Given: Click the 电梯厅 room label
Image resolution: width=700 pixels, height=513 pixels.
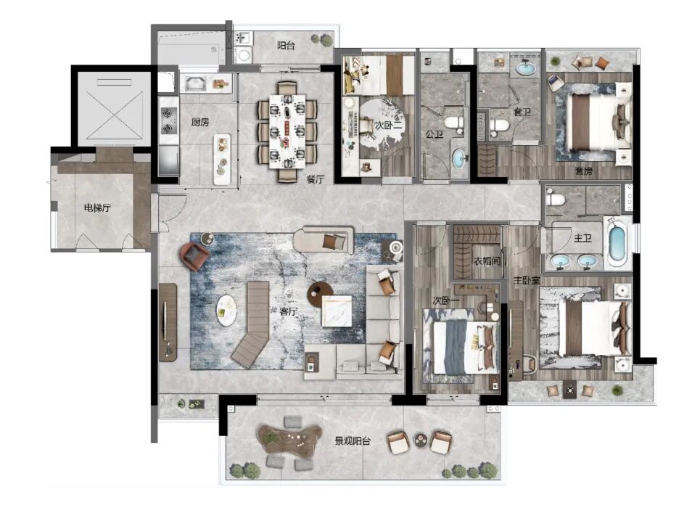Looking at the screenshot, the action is click(x=97, y=208).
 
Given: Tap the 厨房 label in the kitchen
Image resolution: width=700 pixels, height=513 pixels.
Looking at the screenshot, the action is click(x=200, y=122).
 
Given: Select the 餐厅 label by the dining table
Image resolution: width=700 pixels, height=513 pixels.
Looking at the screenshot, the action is click(x=315, y=179).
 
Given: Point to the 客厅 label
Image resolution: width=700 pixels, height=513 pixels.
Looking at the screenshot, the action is click(x=289, y=311).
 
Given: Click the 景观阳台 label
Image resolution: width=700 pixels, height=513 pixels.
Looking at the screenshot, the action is click(x=353, y=441).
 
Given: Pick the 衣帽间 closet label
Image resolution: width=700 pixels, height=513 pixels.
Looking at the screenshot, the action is click(x=487, y=260).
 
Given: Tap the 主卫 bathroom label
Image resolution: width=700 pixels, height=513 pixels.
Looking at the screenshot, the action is click(x=582, y=239).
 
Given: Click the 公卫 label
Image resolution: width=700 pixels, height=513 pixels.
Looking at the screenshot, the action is click(x=434, y=133).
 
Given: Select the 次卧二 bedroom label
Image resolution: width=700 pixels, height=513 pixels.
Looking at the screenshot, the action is click(x=388, y=126).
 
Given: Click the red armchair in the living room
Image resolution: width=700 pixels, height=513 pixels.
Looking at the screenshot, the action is click(x=194, y=256).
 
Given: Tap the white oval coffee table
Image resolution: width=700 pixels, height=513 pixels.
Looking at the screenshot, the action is click(x=226, y=311).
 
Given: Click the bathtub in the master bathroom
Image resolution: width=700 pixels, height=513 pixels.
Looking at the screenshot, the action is click(x=617, y=244).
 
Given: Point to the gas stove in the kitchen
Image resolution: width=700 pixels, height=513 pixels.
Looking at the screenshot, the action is click(x=168, y=121).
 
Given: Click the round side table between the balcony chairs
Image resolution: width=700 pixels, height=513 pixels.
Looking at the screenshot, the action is click(x=420, y=440).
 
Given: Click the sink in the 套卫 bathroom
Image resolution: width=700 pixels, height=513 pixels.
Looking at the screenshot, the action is click(x=524, y=69).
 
